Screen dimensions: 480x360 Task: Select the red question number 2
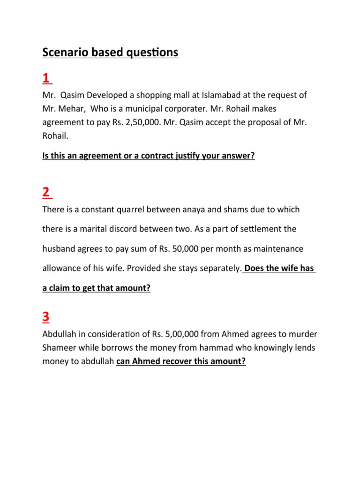tap(46, 192)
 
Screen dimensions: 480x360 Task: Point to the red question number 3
tap(46, 318)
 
